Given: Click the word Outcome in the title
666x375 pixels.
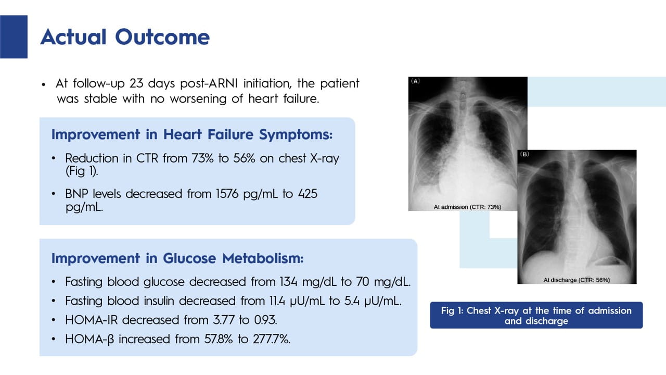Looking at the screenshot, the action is [162, 37].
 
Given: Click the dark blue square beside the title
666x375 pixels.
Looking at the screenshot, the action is [14, 36].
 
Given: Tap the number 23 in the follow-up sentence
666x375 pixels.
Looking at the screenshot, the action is [136, 83].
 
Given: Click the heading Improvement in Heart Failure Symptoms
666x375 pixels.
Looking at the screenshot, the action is [192, 134].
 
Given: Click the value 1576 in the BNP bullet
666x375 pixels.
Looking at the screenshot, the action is [227, 194].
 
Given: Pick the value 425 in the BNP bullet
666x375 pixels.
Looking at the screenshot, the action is [308, 194].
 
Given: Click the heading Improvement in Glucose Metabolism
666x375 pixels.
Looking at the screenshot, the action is [177, 258].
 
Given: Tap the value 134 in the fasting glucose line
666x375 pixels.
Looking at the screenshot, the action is [288, 282].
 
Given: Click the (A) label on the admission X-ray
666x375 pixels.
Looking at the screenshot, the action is [415, 81].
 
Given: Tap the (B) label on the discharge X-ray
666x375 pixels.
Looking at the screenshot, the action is [525, 154].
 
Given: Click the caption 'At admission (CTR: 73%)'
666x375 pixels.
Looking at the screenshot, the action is [467, 207].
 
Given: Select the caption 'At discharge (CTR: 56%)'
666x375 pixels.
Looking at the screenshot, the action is [577, 280].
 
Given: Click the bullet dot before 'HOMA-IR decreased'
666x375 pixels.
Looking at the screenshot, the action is [54, 320].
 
